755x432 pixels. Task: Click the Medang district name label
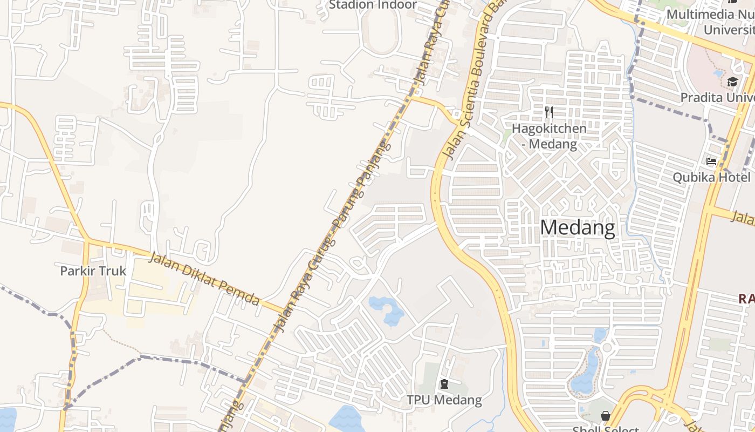pyautogui.click(x=577, y=228)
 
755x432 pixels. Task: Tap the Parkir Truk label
pyautogui.click(x=93, y=271)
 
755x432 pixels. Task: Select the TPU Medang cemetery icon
pyautogui.click(x=444, y=384)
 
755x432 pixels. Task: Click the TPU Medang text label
pyautogui.click(x=444, y=400)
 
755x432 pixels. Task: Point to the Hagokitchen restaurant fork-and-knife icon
pyautogui.click(x=549, y=112)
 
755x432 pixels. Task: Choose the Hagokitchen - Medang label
pyautogui.click(x=549, y=136)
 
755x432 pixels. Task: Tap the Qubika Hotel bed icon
pyautogui.click(x=711, y=161)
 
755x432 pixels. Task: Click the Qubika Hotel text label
pyautogui.click(x=711, y=177)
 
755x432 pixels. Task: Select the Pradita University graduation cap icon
pyautogui.click(x=732, y=82)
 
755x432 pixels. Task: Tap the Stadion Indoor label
pyautogui.click(x=373, y=5)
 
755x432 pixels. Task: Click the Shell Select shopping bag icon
pyautogui.click(x=606, y=416)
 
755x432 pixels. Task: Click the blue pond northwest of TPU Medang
pyautogui.click(x=387, y=310)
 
